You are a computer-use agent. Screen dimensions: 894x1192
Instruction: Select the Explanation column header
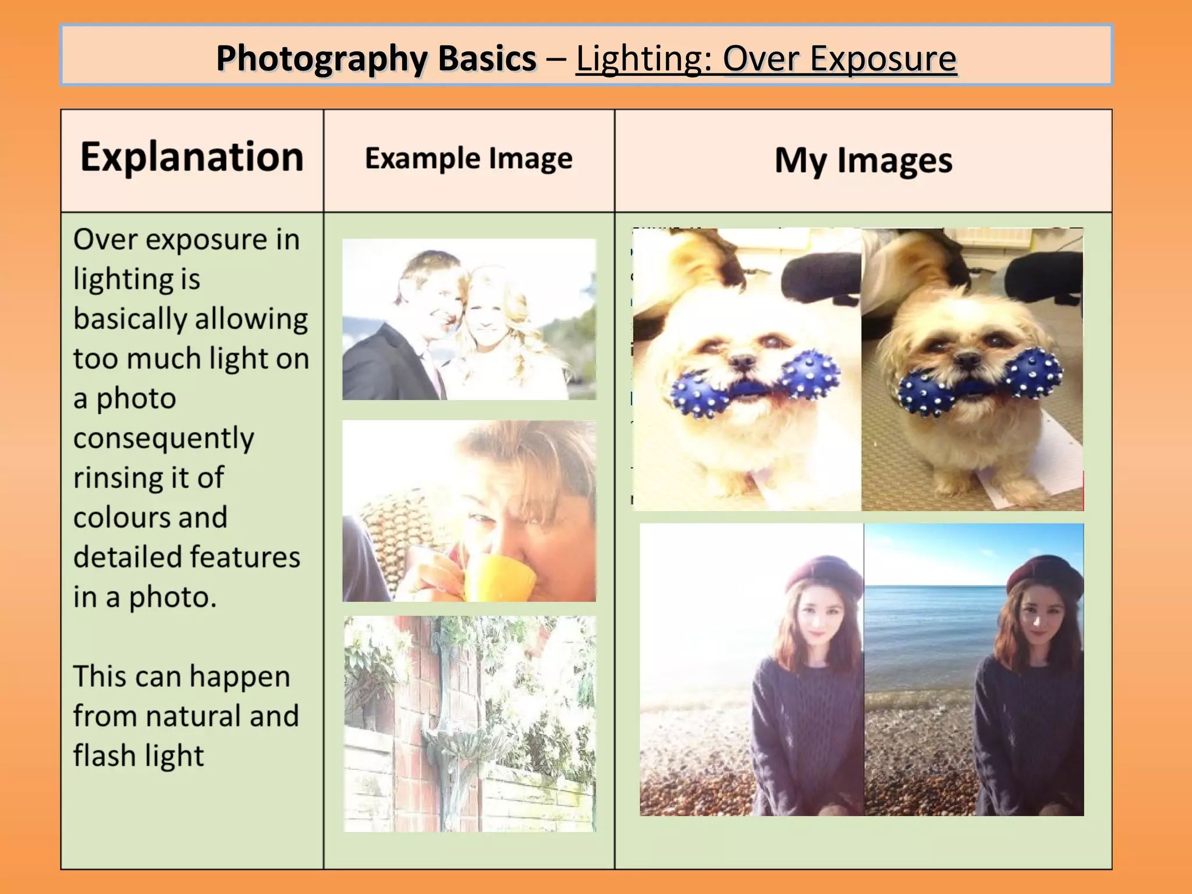click(192, 157)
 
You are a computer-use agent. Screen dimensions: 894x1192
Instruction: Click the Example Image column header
click(469, 158)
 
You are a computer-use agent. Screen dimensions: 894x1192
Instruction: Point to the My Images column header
click(863, 160)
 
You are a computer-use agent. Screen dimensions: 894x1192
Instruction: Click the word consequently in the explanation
click(164, 438)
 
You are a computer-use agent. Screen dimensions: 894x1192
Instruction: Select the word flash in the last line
click(104, 755)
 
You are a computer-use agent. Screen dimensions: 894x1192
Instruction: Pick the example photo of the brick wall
click(469, 723)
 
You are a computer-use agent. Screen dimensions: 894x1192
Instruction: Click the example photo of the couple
click(469, 319)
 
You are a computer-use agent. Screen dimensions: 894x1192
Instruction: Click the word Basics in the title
click(487, 59)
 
